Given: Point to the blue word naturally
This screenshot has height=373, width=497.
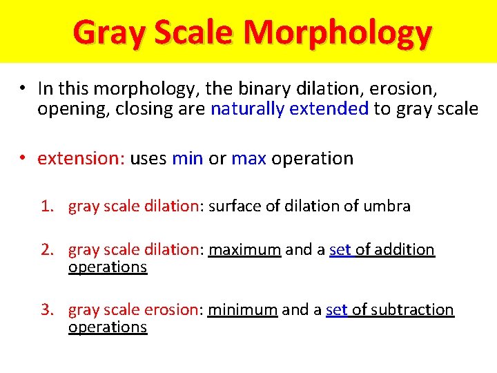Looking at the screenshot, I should [247, 108].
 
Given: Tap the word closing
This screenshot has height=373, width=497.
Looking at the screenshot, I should [133, 109].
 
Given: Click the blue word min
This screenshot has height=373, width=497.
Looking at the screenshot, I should [187, 158].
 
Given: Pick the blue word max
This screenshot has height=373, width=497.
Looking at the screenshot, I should [249, 158].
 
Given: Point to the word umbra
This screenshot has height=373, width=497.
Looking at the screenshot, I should [388, 206].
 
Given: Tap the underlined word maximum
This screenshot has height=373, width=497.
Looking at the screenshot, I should [244, 249].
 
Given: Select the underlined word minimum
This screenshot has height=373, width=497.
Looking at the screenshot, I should [243, 309].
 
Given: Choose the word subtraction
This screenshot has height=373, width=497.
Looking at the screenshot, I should [413, 309].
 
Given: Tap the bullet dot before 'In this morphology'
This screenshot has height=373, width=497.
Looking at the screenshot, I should [23, 88].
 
